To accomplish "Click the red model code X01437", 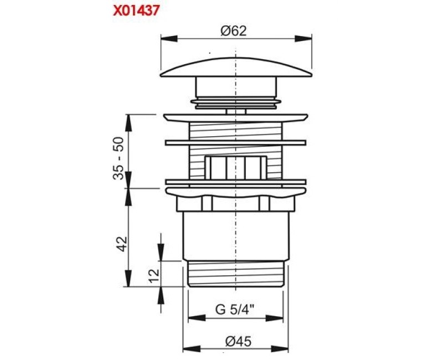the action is point(136,11).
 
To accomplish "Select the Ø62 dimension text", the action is point(233,30).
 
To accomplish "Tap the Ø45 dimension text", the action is point(238,341).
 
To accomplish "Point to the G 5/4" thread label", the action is point(235,310).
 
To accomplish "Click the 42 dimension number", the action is point(122,244).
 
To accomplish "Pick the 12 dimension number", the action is point(154,275).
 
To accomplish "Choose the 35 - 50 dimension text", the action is point(119,158).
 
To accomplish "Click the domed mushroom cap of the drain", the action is point(236,67).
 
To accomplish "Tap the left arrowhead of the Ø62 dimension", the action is point(169,38).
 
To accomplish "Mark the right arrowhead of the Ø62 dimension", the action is point(303,38).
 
